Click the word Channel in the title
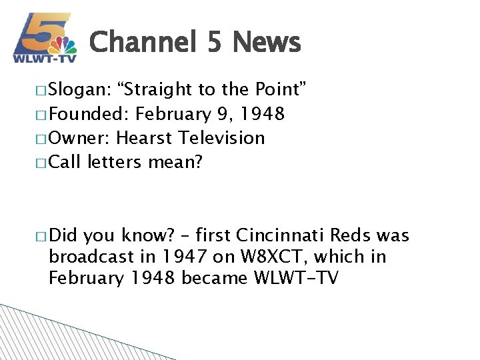pyautogui.click(x=143, y=43)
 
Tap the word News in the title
pyautogui.click(x=267, y=43)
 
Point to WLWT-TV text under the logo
pyautogui.click(x=45, y=59)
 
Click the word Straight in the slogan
pyautogui.click(x=151, y=90)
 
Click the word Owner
pyautogui.click(x=80, y=138)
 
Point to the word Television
pyautogui.click(x=223, y=138)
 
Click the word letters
pyautogui.click(x=117, y=162)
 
